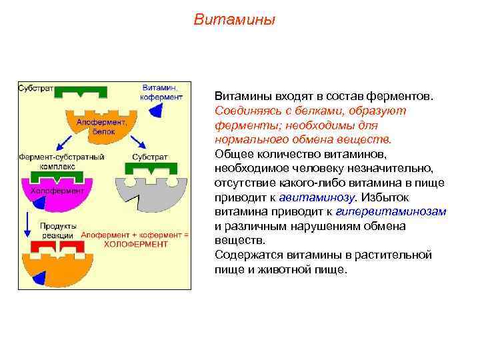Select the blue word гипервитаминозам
[403, 212]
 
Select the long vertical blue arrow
[27, 225]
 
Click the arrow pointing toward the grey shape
[139, 142]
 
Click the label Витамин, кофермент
[161, 92]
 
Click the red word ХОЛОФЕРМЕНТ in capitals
[135, 245]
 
